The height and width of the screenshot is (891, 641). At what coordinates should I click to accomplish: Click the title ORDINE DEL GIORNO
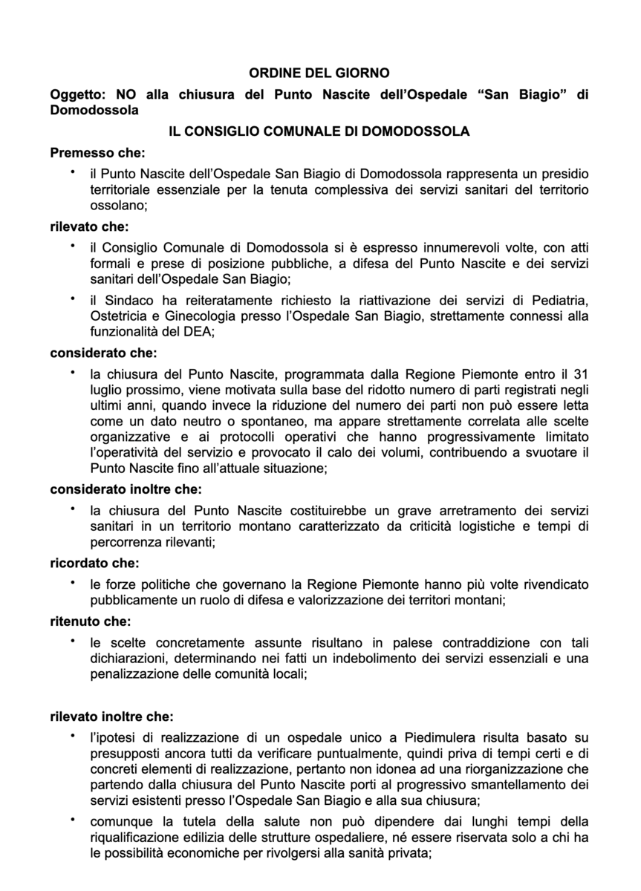pos(320,74)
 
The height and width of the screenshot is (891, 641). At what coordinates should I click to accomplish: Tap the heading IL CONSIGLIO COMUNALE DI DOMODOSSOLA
pos(319,131)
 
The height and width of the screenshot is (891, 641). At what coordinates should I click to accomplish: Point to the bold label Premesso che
pos(97,153)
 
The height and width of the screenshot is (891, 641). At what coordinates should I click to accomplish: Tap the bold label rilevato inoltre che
pos(111,717)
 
